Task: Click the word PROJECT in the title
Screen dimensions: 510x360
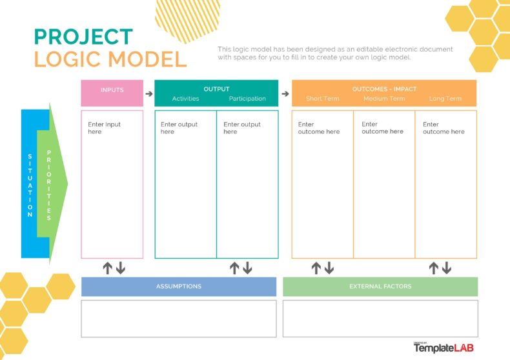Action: click(x=83, y=36)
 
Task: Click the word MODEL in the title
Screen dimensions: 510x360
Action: click(x=147, y=59)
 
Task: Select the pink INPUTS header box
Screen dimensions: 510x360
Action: click(x=112, y=94)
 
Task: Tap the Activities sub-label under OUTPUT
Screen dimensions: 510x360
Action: click(x=185, y=99)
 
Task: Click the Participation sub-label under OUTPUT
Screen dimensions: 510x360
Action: click(x=247, y=99)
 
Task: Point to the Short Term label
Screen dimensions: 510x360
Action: click(x=322, y=99)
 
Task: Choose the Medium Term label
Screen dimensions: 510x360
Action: click(x=384, y=99)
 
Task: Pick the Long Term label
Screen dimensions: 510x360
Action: click(x=445, y=99)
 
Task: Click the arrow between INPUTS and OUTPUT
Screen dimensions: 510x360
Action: click(x=149, y=94)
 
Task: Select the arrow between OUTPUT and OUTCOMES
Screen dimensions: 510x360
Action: click(x=285, y=94)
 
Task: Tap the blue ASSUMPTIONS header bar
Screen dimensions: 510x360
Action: click(x=179, y=286)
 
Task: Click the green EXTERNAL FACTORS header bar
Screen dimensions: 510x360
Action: click(x=380, y=286)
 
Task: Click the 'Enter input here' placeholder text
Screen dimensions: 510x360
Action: click(x=104, y=128)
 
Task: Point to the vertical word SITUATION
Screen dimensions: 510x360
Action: click(x=30, y=185)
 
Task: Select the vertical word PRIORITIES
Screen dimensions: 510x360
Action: click(x=49, y=185)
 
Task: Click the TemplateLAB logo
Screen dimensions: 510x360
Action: click(x=444, y=348)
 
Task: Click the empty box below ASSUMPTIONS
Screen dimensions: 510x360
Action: click(x=179, y=319)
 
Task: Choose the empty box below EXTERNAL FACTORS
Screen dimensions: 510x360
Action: click(x=380, y=319)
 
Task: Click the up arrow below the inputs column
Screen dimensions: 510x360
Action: click(x=107, y=268)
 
